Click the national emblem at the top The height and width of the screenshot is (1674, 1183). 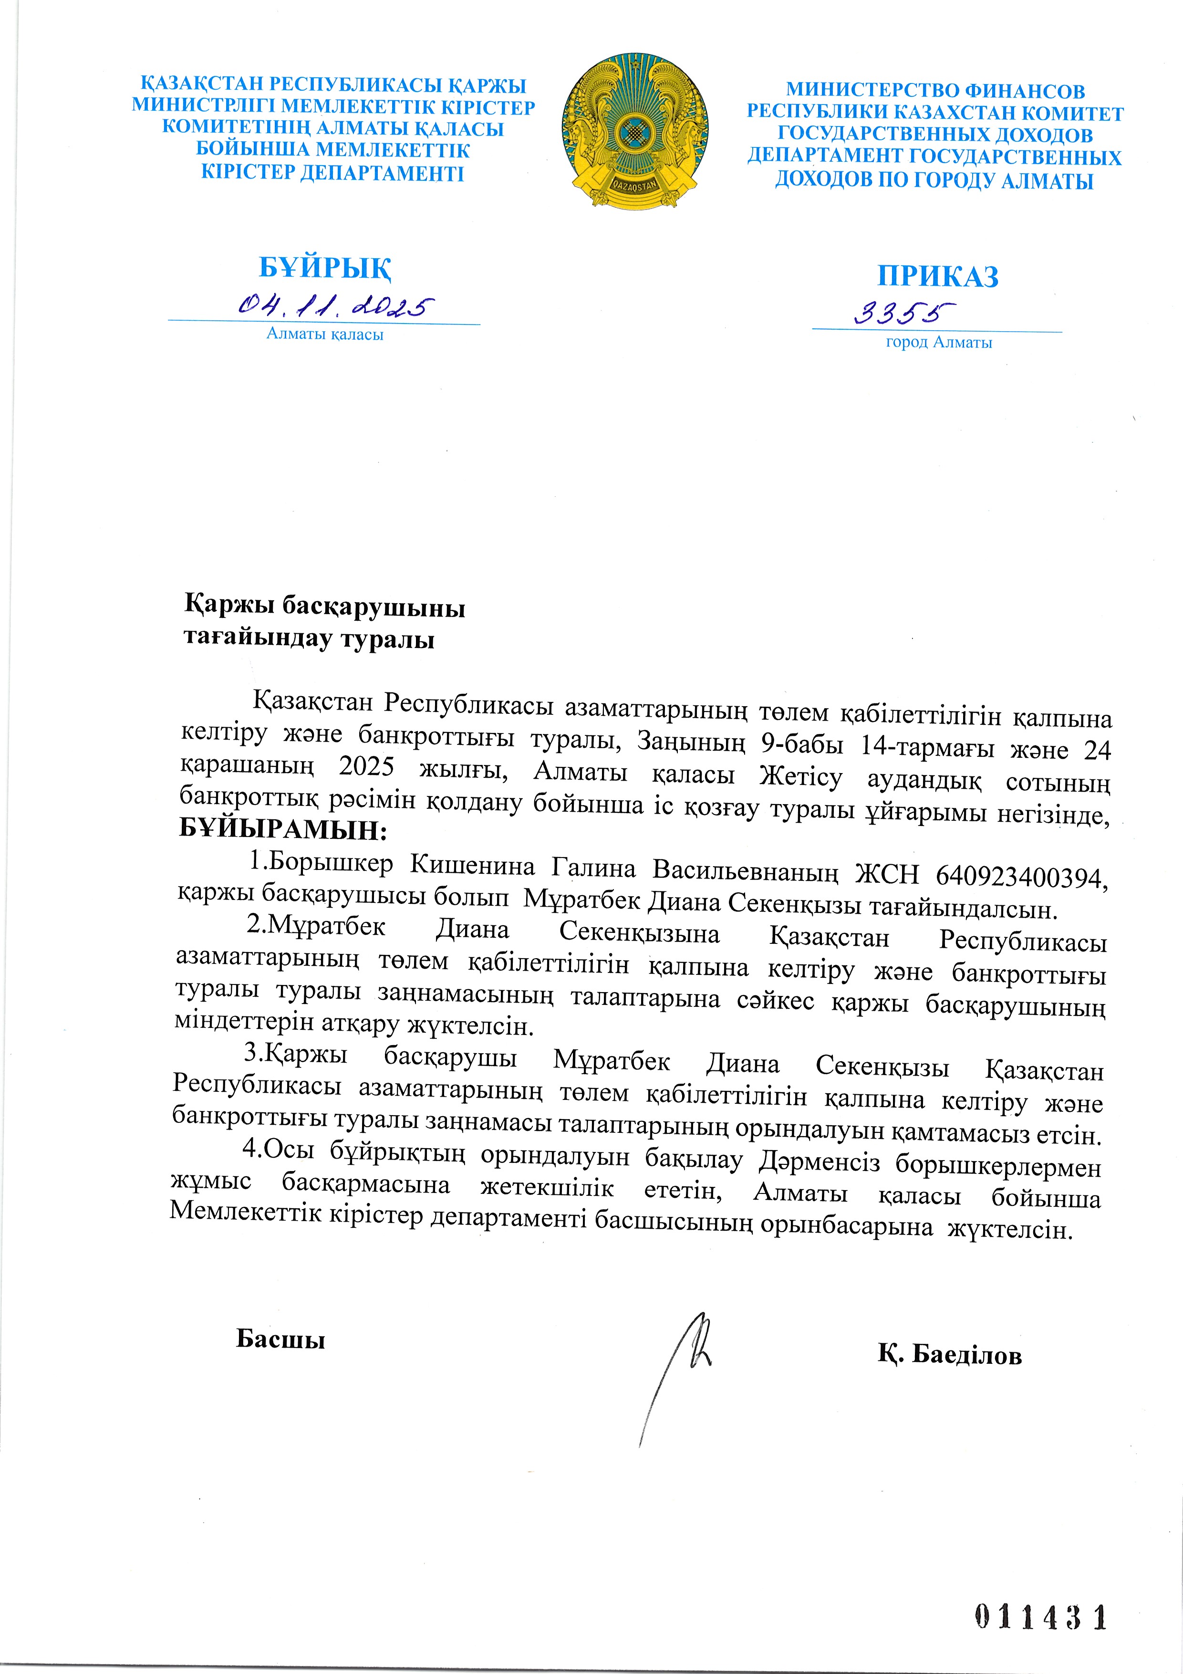click(635, 131)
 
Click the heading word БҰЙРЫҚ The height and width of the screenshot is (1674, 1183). click(325, 268)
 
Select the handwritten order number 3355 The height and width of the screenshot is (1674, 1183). click(904, 314)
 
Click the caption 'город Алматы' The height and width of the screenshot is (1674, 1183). click(939, 343)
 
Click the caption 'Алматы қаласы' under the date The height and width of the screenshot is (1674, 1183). click(325, 335)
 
